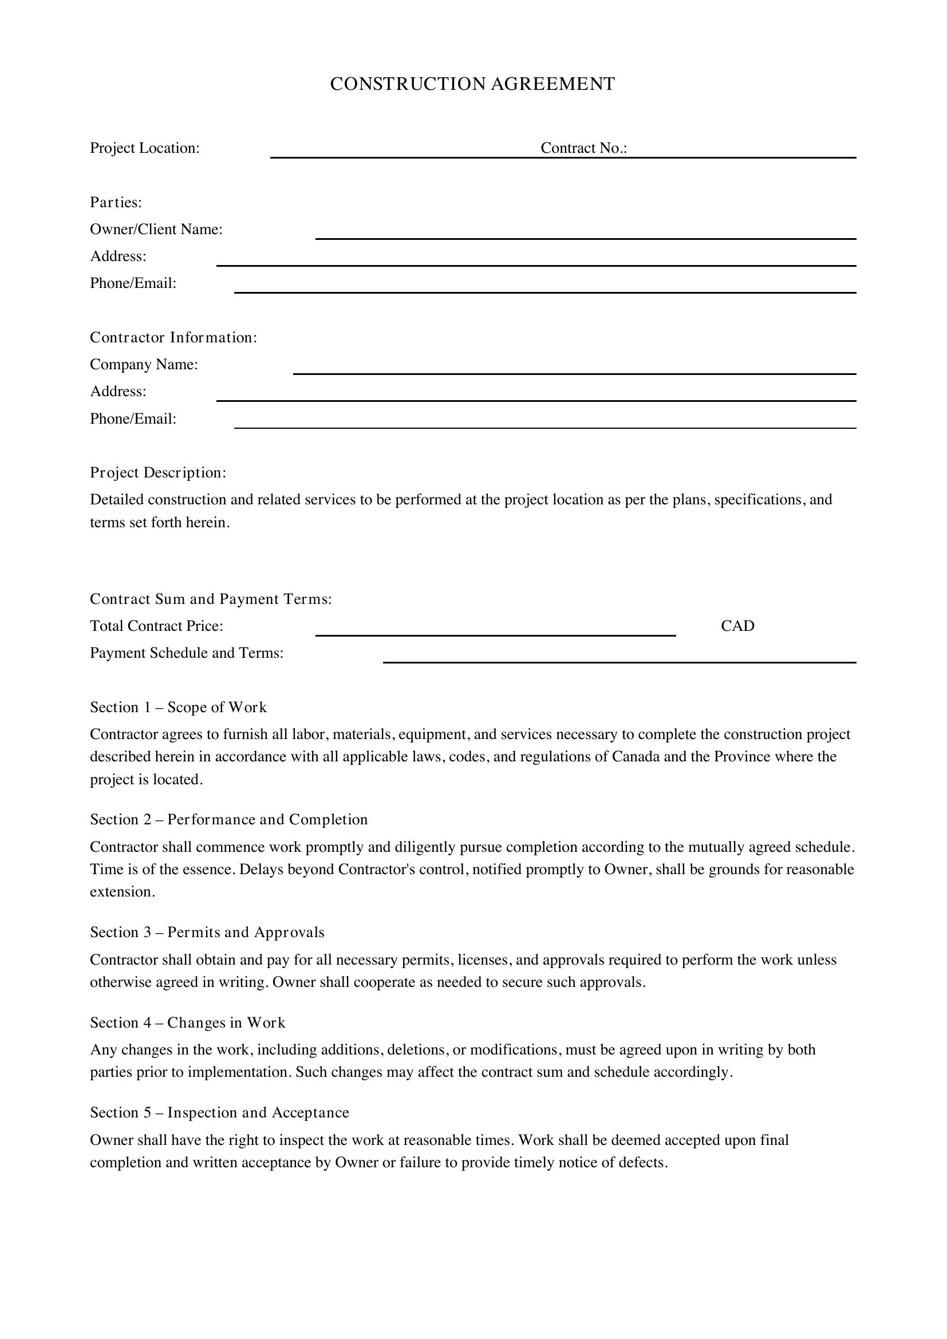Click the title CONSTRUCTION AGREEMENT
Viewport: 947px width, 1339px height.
pos(472,84)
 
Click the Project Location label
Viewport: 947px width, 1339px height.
pos(145,148)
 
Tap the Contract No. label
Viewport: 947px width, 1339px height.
pos(583,148)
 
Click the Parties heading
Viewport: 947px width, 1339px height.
pos(116,202)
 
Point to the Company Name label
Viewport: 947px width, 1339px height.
pos(144,365)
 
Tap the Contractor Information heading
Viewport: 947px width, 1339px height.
pos(173,338)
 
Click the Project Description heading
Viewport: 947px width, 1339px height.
pos(158,472)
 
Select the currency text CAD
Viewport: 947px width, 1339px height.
pos(737,626)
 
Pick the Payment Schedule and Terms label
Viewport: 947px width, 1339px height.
pos(187,653)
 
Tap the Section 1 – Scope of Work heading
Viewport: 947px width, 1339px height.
pos(179,708)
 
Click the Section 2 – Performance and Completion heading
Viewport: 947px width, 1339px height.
pos(228,819)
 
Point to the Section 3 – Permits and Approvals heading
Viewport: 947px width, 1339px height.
pos(207,932)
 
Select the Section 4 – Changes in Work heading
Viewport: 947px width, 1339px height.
pos(188,1022)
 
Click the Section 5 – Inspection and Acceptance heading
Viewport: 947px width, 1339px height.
pos(219,1112)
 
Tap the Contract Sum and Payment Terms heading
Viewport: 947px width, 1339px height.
pos(211,599)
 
